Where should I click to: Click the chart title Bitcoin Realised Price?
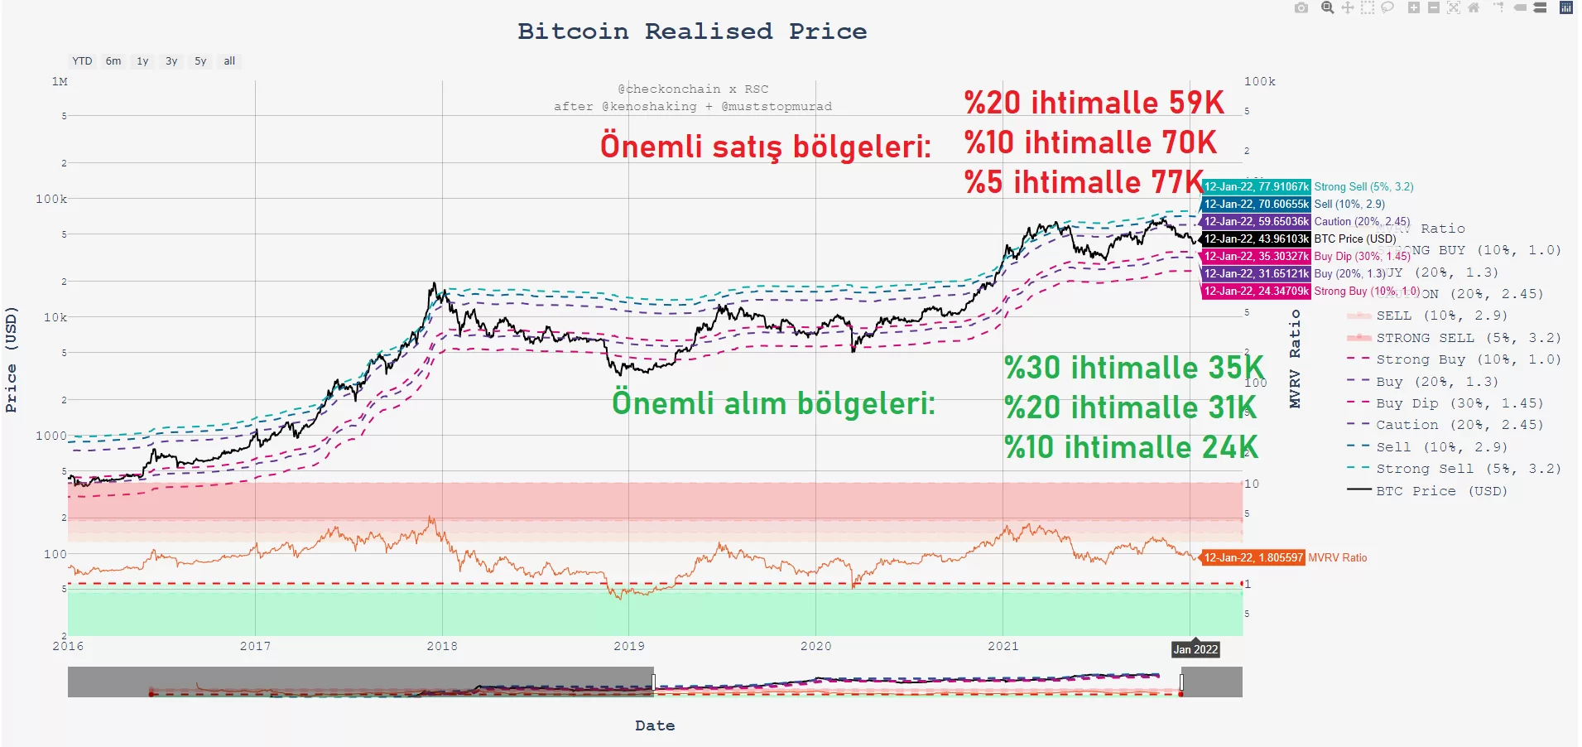(692, 31)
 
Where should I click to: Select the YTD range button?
(82, 61)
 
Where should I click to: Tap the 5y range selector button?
(200, 61)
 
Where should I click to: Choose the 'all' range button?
(229, 61)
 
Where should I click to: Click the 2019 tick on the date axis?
(628, 646)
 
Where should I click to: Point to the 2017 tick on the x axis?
(255, 646)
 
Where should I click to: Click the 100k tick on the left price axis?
(51, 199)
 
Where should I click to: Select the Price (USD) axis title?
(11, 359)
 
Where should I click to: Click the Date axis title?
(655, 725)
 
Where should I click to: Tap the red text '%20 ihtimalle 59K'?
(1094, 103)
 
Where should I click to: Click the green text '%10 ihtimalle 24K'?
(1131, 447)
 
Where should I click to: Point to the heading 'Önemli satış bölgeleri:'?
(765, 147)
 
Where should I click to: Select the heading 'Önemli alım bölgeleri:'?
(773, 403)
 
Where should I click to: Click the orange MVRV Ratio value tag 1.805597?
(1253, 558)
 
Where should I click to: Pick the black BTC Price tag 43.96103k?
(1256, 239)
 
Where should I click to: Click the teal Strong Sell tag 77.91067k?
(1256, 187)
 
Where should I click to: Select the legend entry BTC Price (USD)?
(1441, 491)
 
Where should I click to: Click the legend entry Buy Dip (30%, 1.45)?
(1459, 403)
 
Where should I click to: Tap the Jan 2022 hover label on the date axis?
(1195, 649)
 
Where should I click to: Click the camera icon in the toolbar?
(1301, 8)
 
